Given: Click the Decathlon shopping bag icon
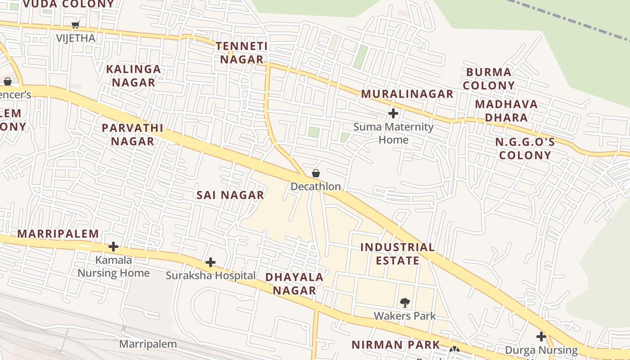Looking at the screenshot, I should (x=316, y=173).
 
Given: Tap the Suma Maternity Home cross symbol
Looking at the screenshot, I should (x=393, y=113).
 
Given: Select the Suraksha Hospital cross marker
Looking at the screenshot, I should (x=210, y=262).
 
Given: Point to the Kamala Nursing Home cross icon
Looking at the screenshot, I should (x=113, y=247).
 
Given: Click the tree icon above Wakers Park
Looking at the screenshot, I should (x=405, y=302).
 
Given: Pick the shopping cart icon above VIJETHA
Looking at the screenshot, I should (x=76, y=25).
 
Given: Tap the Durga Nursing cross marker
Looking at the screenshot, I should (x=541, y=336).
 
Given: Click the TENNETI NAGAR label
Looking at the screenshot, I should (x=242, y=53).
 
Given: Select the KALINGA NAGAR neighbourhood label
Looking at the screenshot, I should (x=134, y=76).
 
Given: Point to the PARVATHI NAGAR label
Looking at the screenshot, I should (x=133, y=135).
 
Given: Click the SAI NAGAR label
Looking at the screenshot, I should (x=230, y=195).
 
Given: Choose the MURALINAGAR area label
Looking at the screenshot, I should (x=407, y=94).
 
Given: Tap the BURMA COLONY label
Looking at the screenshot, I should (x=489, y=79).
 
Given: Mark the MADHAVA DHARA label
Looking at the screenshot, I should (x=506, y=111).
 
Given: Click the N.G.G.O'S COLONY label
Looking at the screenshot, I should (x=525, y=149).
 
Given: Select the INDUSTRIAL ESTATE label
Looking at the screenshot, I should (x=398, y=254).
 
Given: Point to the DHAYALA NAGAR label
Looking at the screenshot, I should (x=294, y=283).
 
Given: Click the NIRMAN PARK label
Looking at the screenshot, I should (x=396, y=345).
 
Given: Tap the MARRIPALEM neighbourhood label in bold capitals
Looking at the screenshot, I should (x=58, y=234).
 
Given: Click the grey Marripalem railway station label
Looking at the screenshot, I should (x=148, y=344).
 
